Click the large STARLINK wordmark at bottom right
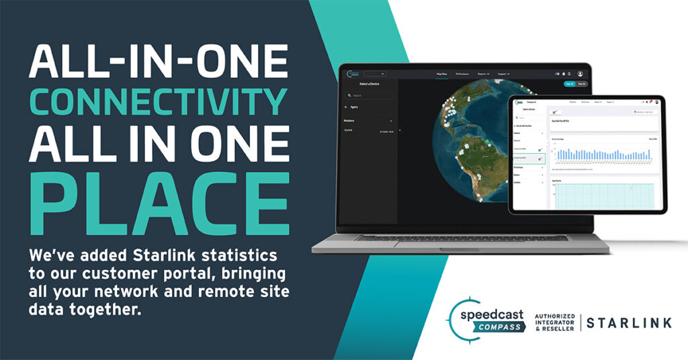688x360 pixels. click(x=629, y=323)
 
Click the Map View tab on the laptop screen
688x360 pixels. click(x=442, y=73)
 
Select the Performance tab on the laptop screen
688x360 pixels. click(x=462, y=73)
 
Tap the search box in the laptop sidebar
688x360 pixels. click(x=370, y=95)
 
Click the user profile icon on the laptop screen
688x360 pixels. click(x=580, y=73)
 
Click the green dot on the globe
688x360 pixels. click(x=486, y=140)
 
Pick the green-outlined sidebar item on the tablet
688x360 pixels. click(x=528, y=159)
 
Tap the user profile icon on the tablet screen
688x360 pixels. click(x=656, y=102)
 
